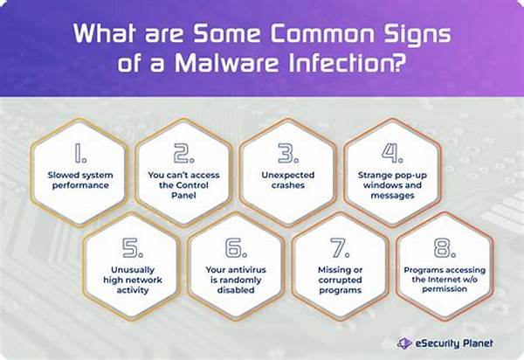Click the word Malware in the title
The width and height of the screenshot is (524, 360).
[x=226, y=62]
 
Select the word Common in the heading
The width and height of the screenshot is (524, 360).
[x=322, y=34]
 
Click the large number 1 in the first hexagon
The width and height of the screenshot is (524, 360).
[x=80, y=153]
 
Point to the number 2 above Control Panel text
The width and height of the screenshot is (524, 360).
[x=183, y=153]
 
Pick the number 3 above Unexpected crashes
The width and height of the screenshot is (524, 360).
[x=288, y=153]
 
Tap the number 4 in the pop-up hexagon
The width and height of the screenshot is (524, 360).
[x=392, y=153]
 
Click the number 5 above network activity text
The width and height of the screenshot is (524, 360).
[x=133, y=247]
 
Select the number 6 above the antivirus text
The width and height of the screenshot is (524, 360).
[x=236, y=247]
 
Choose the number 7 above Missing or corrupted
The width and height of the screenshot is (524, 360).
[x=340, y=247]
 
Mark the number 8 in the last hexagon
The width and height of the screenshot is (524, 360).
[x=445, y=247]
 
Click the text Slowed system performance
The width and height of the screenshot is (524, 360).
[x=80, y=180]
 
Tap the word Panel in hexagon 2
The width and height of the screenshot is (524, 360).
[x=183, y=195]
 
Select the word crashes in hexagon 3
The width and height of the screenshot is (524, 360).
[x=288, y=185]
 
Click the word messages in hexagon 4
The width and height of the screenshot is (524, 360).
[x=392, y=196]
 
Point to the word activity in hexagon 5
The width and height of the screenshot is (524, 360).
[x=133, y=290]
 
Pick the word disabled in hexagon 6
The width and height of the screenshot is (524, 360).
[x=236, y=290]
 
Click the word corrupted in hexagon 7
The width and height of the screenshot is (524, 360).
[x=341, y=280]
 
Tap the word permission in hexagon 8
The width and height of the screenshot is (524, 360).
[x=445, y=289]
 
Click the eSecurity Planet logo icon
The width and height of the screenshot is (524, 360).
[x=404, y=343]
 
